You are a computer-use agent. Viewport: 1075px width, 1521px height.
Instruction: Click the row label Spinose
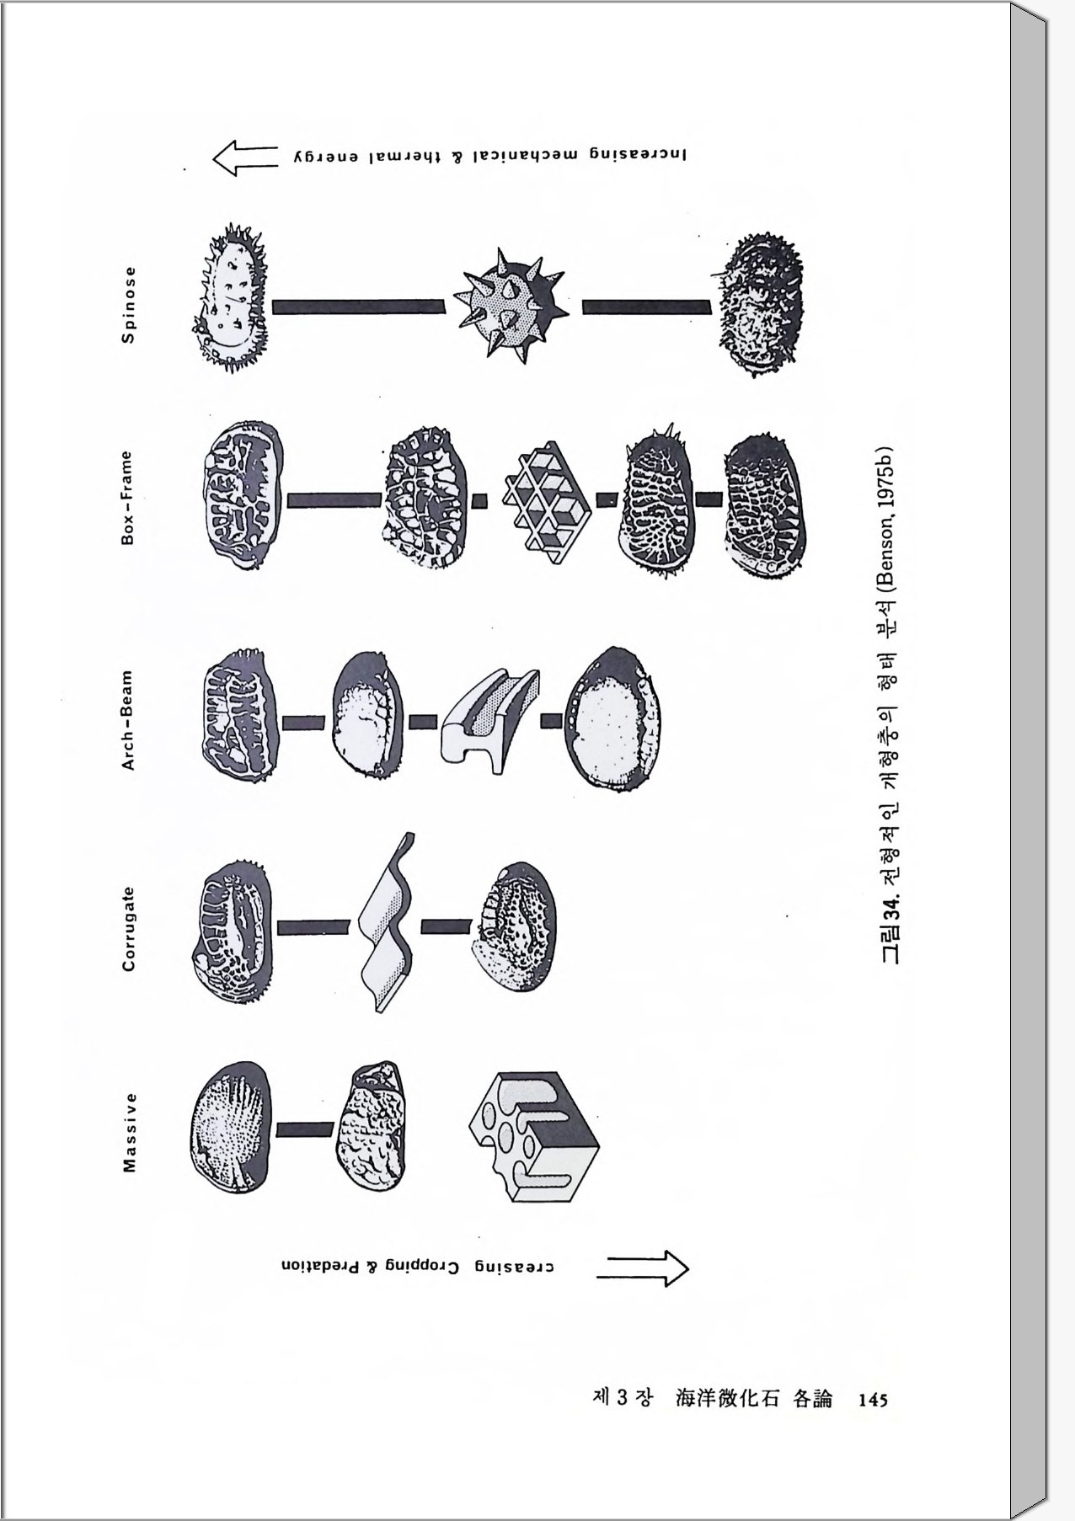pos(128,304)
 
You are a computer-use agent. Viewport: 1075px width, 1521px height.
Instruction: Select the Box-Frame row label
pos(127,498)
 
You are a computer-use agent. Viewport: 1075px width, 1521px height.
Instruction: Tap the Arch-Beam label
pos(127,720)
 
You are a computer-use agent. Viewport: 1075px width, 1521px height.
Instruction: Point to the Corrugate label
pos(128,928)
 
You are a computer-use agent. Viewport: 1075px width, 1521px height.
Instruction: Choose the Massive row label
pos(129,1132)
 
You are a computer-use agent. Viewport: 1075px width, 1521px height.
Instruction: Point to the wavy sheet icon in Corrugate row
pos(387,925)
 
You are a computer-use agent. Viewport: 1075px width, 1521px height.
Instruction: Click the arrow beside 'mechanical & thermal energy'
pos(245,157)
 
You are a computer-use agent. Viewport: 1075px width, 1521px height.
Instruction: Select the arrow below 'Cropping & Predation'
pos(643,1267)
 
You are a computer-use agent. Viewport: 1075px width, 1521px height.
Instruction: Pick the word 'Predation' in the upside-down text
pos(320,1266)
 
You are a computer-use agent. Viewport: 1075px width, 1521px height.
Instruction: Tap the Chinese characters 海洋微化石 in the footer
pos(727,1398)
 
